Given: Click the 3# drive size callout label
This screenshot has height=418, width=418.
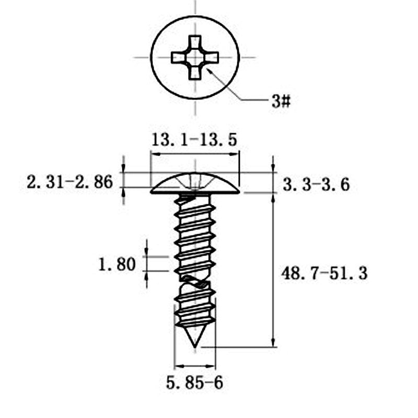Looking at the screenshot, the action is click(281, 101).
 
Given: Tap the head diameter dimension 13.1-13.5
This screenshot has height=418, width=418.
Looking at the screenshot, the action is click(194, 140).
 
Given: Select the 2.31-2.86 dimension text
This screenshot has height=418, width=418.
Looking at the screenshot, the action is click(70, 182).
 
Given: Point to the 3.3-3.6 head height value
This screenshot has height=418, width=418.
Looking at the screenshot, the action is click(316, 184).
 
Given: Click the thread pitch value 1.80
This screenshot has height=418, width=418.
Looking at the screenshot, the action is click(117, 264).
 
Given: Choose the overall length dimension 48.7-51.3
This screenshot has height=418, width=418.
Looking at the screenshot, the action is click(324, 273).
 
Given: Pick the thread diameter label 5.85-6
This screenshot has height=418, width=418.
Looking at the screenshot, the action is click(194, 383).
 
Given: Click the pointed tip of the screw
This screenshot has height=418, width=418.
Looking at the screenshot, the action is click(195, 347).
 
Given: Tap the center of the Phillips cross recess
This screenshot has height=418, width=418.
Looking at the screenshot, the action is click(195, 57).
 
